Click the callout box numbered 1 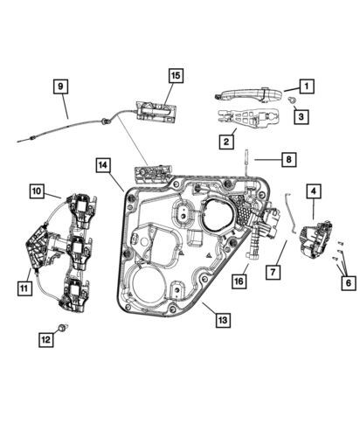tap(307, 87)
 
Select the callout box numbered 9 tap(60, 87)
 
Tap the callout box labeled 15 tap(176, 76)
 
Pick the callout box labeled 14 tap(103, 165)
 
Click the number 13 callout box tap(223, 320)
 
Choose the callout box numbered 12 tap(46, 339)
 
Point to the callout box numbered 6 tap(349, 282)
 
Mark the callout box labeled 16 tap(239, 281)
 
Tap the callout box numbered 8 tap(288, 159)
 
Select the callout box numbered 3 tap(301, 116)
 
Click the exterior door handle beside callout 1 tap(248, 94)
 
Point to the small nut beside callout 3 tap(292, 101)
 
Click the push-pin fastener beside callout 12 tap(63, 327)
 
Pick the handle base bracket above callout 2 tap(248, 119)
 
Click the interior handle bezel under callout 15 tap(156, 112)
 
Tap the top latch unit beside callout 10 tap(81, 210)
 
